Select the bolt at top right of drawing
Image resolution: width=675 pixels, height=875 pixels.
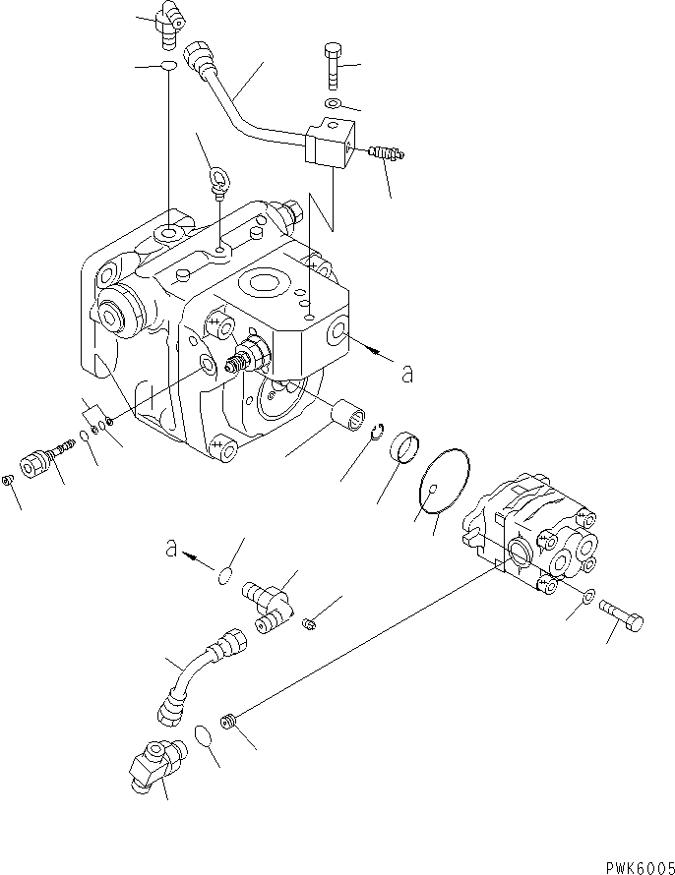click(x=333, y=65)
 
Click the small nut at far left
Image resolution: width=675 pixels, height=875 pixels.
click(x=8, y=480)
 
